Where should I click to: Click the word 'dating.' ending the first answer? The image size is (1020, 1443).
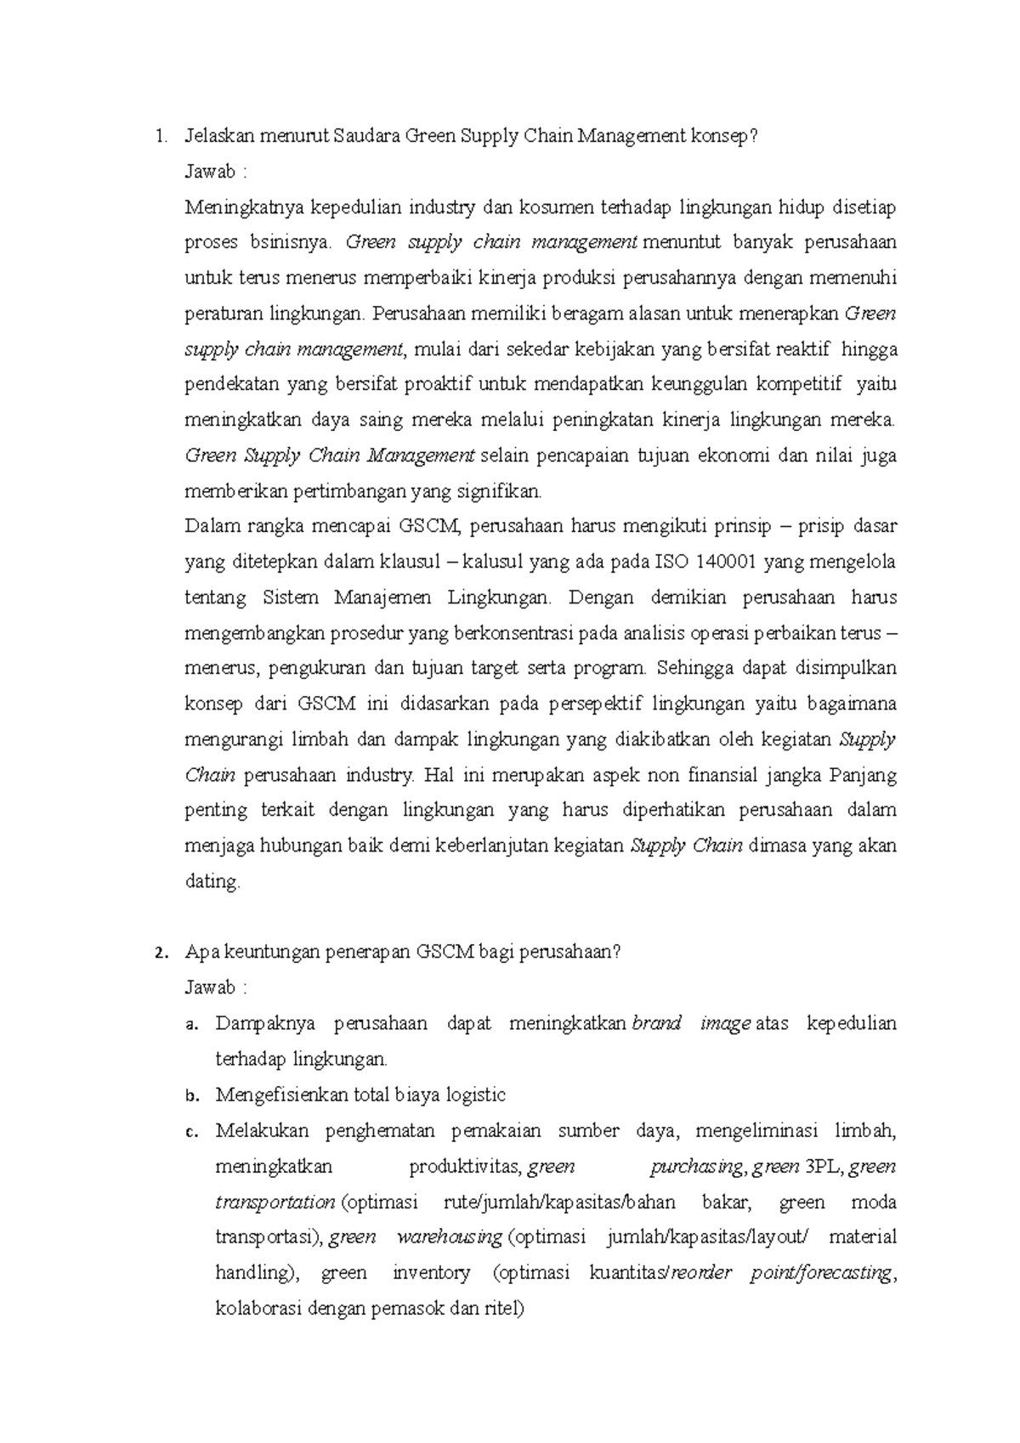212,882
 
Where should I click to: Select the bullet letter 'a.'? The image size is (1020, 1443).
192,1024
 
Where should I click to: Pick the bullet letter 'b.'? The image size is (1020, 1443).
192,1095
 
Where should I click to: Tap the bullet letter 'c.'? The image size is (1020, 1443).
192,1131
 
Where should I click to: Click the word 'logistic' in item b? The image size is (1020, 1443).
475,1095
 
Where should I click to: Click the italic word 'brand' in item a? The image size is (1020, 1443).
657,1023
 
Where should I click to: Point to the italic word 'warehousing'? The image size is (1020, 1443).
449,1236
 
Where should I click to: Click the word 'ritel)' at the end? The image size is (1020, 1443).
504,1308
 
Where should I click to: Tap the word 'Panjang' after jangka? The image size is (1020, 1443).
863,775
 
